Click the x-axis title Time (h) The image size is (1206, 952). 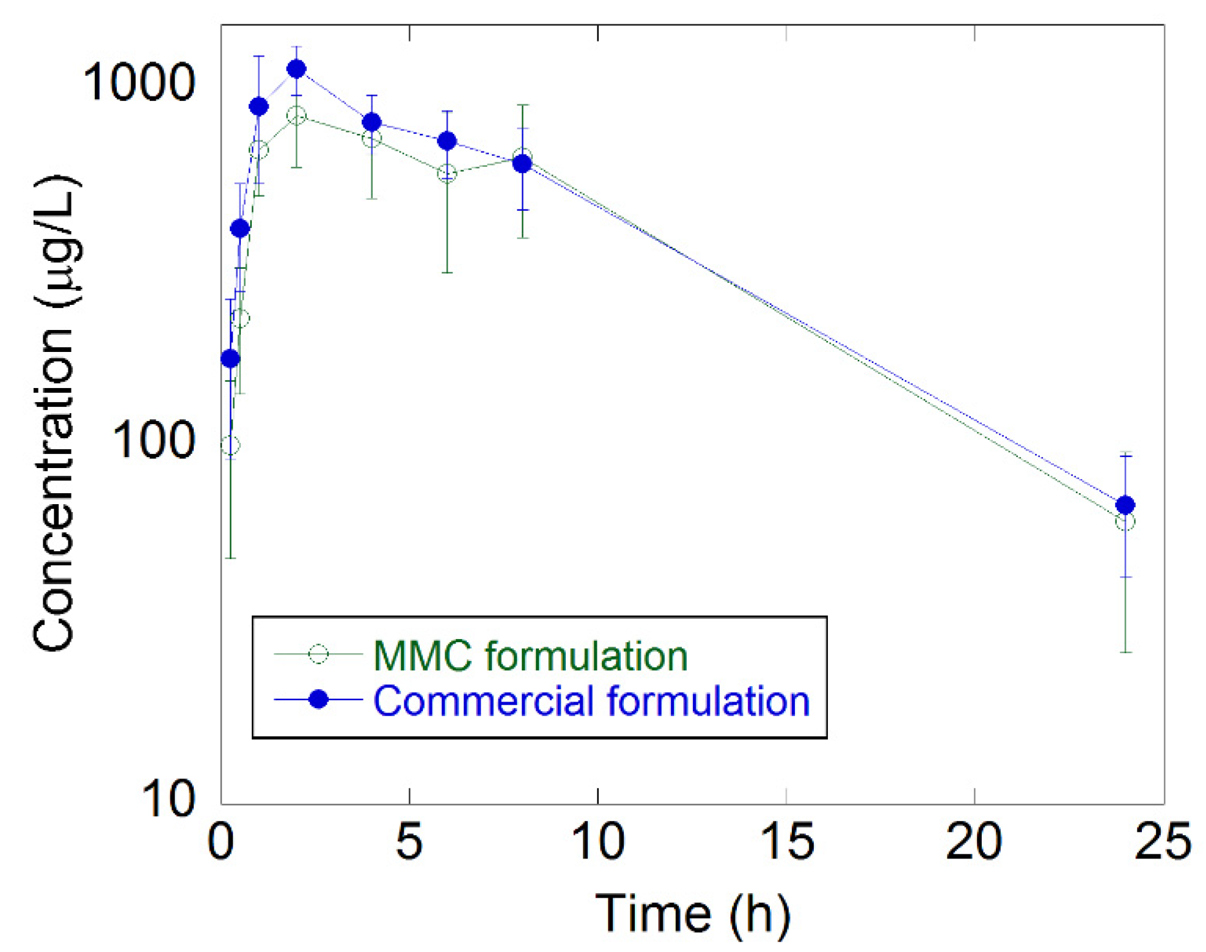click(x=692, y=914)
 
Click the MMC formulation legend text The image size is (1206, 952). click(x=530, y=656)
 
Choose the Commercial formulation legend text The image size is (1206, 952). click(x=591, y=701)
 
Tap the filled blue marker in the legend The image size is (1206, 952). click(x=318, y=699)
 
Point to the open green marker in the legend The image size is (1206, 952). click(x=318, y=654)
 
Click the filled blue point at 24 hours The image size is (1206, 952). click(x=1125, y=505)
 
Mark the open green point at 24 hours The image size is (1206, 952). click(x=1125, y=522)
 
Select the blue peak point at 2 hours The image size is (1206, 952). click(x=296, y=68)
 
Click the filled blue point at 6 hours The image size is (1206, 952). click(x=447, y=141)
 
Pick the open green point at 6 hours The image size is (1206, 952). click(x=447, y=174)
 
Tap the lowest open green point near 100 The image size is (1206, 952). click(x=230, y=445)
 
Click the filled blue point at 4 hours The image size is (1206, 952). click(x=371, y=122)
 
